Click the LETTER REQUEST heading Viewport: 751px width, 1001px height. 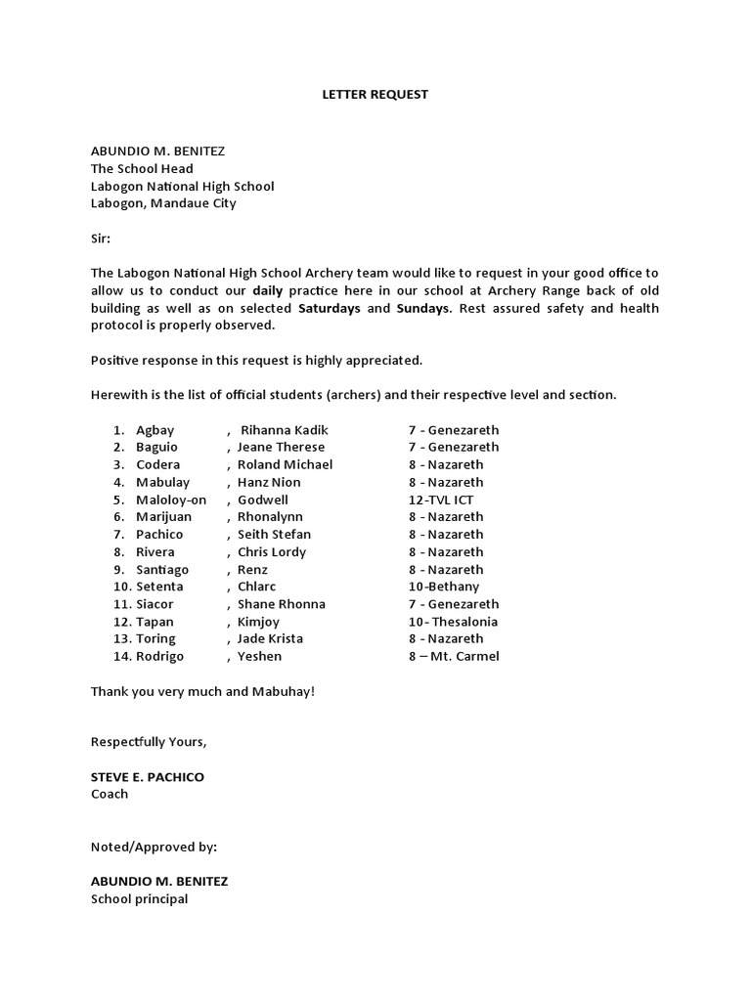coord(376,95)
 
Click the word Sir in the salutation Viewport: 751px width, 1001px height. coord(102,239)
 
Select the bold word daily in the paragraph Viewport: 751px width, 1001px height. coord(270,291)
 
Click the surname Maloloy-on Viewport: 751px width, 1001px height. coord(171,500)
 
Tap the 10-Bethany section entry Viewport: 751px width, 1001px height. coord(444,587)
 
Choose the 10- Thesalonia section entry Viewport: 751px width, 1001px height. coord(453,622)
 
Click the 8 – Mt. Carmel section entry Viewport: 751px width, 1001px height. coord(454,656)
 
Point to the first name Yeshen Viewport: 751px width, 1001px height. coord(259,656)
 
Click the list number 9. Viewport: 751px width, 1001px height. coord(118,569)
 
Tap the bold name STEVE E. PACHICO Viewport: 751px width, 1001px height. coord(148,777)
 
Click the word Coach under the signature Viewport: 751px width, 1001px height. coord(110,794)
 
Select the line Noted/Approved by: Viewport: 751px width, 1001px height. coord(154,847)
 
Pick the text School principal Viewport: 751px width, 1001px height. coord(139,898)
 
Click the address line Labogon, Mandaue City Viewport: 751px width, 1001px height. coord(163,203)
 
